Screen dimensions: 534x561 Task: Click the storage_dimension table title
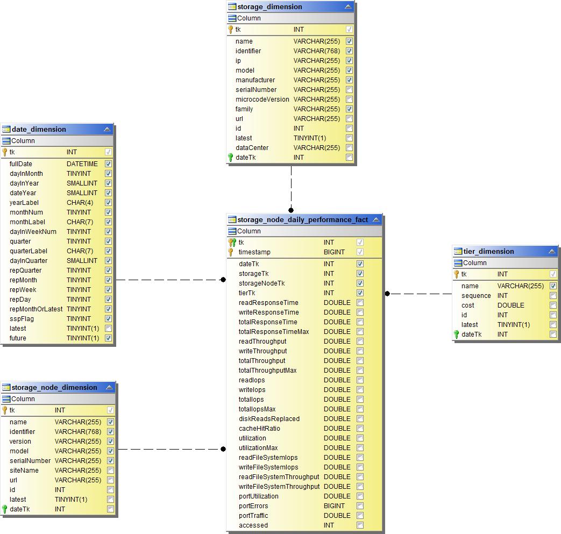click(x=269, y=7)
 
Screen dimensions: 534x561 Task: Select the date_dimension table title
click(x=39, y=130)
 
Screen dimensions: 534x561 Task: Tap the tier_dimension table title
click(x=488, y=252)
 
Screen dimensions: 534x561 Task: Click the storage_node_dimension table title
click(x=54, y=388)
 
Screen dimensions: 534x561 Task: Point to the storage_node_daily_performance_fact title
click(x=303, y=220)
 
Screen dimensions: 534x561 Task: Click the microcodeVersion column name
click(x=262, y=99)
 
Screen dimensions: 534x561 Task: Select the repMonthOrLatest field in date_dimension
click(x=36, y=309)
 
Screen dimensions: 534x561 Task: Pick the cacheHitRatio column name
click(x=259, y=429)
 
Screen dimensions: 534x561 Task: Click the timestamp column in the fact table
click(x=254, y=252)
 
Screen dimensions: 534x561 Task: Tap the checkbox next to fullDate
click(x=108, y=164)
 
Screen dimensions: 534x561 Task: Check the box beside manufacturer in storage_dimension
click(x=349, y=80)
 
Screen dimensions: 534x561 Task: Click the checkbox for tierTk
click(x=360, y=293)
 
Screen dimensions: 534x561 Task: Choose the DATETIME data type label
click(x=82, y=164)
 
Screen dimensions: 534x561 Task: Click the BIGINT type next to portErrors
click(x=334, y=506)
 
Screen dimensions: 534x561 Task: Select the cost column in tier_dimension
click(x=468, y=305)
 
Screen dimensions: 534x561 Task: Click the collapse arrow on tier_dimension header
click(x=552, y=252)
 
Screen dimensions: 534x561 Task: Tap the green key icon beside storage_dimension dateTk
click(x=231, y=158)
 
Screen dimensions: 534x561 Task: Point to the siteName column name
click(x=24, y=471)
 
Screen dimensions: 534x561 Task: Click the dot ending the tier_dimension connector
click(x=387, y=294)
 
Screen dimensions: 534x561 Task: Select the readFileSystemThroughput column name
click(x=279, y=477)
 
